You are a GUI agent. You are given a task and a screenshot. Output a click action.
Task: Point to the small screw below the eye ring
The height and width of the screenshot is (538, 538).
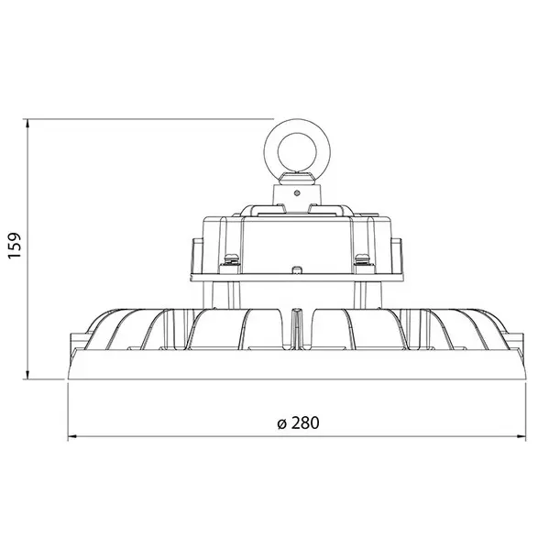click(x=297, y=192)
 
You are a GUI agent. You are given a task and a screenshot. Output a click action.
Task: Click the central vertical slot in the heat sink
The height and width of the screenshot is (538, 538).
click(x=295, y=328)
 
